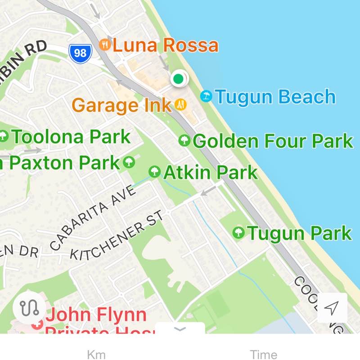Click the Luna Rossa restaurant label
pyautogui.click(x=165, y=45)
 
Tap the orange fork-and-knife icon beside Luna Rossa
pyautogui.click(x=105, y=44)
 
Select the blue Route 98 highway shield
pyautogui.click(x=80, y=53)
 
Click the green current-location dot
pyautogui.click(x=178, y=79)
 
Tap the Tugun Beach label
pyautogui.click(x=275, y=97)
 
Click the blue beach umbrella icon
pyautogui.click(x=206, y=96)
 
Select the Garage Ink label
pyautogui.click(x=121, y=105)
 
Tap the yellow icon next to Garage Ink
pyautogui.click(x=180, y=105)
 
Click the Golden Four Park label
pyautogui.click(x=273, y=141)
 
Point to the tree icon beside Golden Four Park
pyautogui.click(x=184, y=141)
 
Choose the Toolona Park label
pyautogui.click(x=71, y=136)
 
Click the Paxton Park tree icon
pyautogui.click(x=129, y=162)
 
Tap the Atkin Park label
pyautogui.click(x=210, y=172)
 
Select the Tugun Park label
pyautogui.click(x=299, y=233)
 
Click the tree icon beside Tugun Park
pyautogui.click(x=238, y=233)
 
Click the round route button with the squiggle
pyautogui.click(x=29, y=308)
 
